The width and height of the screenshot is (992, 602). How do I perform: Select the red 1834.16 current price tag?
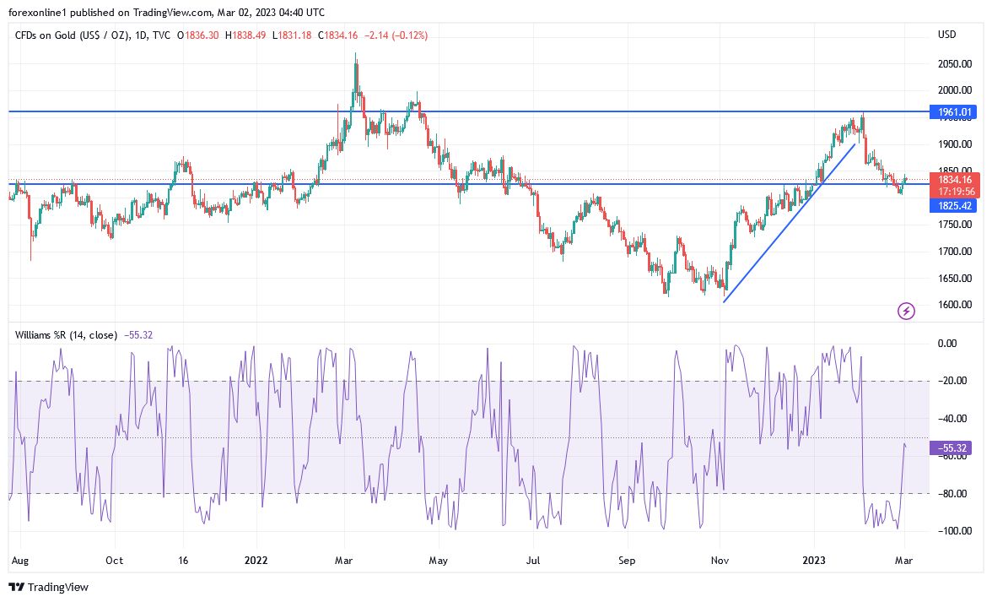pyautogui.click(x=954, y=179)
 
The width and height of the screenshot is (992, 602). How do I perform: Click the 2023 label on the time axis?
pyautogui.click(x=814, y=560)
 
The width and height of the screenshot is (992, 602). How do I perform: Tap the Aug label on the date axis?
pyautogui.click(x=19, y=560)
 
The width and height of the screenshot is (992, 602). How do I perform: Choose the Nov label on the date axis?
pyautogui.click(x=720, y=560)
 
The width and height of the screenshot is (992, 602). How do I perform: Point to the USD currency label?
pyautogui.click(x=946, y=35)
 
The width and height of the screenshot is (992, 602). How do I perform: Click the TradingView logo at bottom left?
pyautogui.click(x=48, y=587)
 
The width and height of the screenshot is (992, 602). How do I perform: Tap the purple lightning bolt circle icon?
pyautogui.click(x=906, y=312)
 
